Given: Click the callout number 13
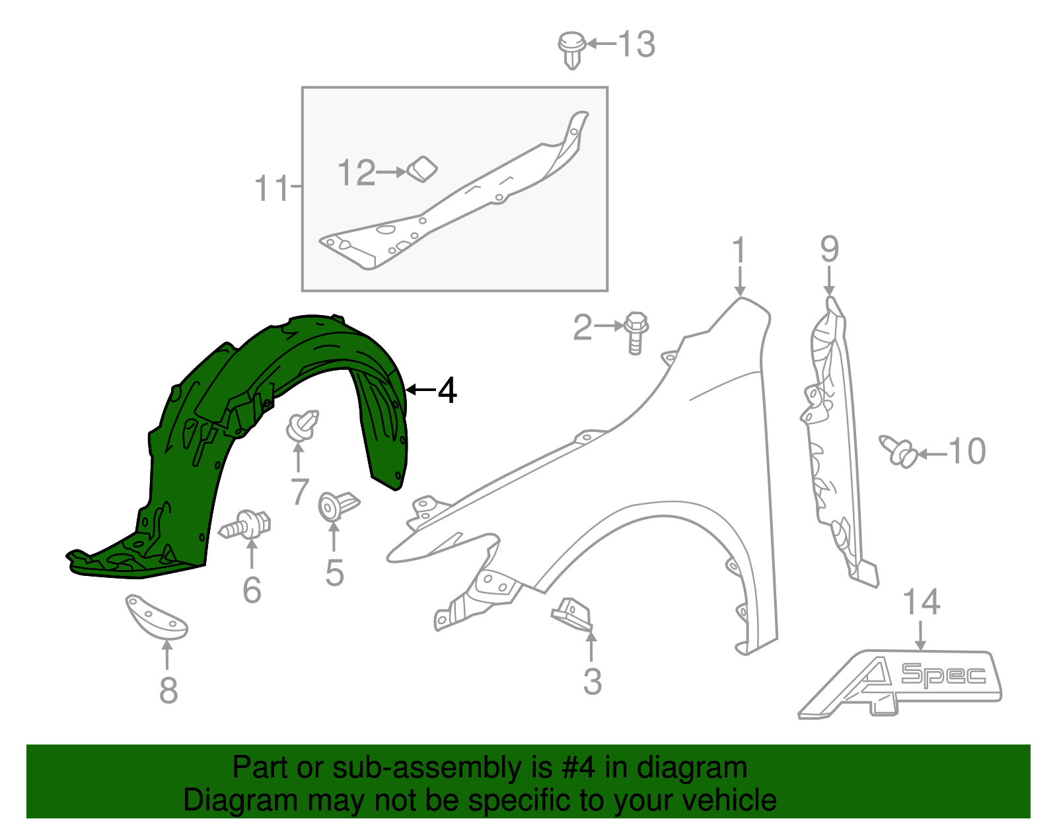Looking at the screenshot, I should click(x=636, y=45).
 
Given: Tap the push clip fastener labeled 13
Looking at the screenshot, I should click(x=571, y=48).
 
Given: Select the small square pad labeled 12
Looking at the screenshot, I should click(x=421, y=169).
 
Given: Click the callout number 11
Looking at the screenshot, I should click(x=272, y=188).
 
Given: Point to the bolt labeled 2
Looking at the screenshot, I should click(x=636, y=331).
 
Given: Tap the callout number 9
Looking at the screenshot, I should click(x=829, y=250).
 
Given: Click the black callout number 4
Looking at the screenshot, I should click(x=447, y=390).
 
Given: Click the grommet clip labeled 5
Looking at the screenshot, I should click(x=336, y=505).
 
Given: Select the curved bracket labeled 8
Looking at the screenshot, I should click(x=157, y=616).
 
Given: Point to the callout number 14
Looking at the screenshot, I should click(x=921, y=602).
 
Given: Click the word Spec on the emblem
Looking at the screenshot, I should click(x=943, y=674).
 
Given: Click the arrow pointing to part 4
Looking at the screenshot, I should click(x=420, y=390).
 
